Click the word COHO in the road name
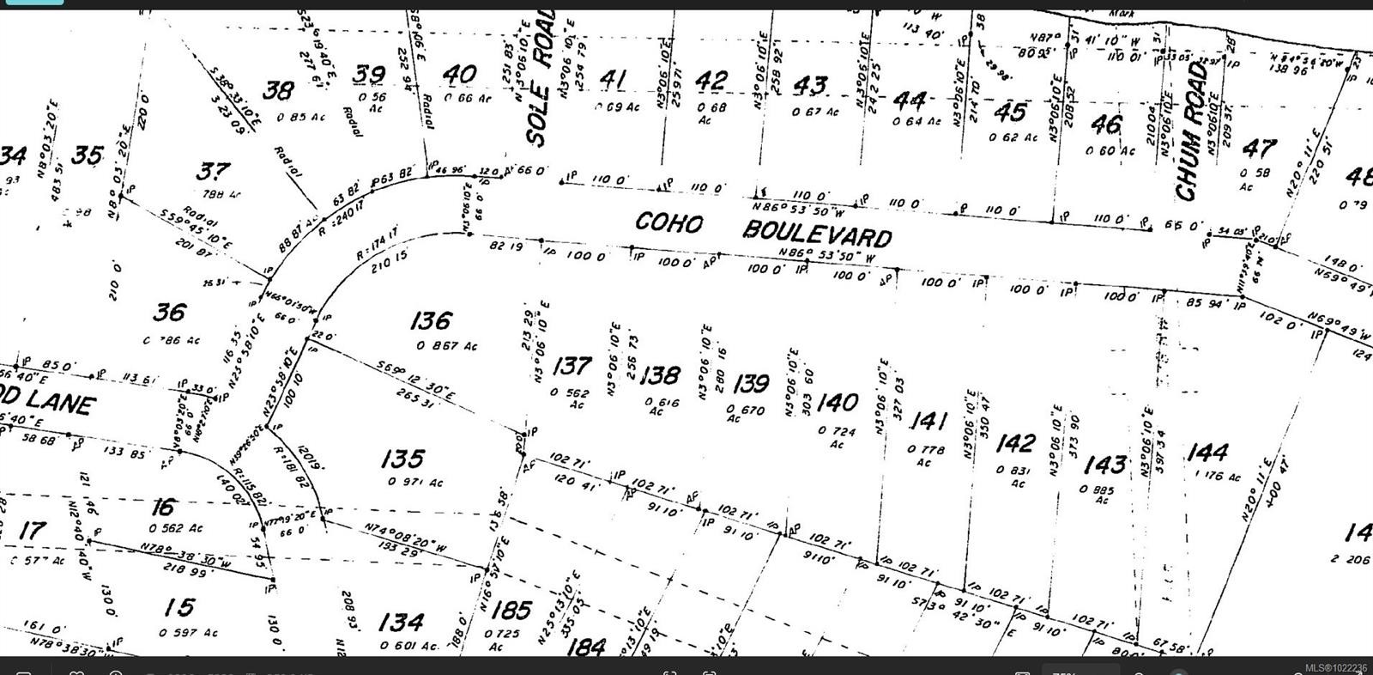(668, 222)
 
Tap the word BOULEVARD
(817, 233)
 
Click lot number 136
(430, 321)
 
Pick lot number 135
(402, 459)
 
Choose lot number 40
(459, 75)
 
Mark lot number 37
(212, 171)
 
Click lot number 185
(511, 610)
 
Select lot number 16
(163, 508)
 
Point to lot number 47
(1258, 149)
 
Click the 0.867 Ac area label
(446, 346)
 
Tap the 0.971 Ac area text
(415, 482)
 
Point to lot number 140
(837, 402)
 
